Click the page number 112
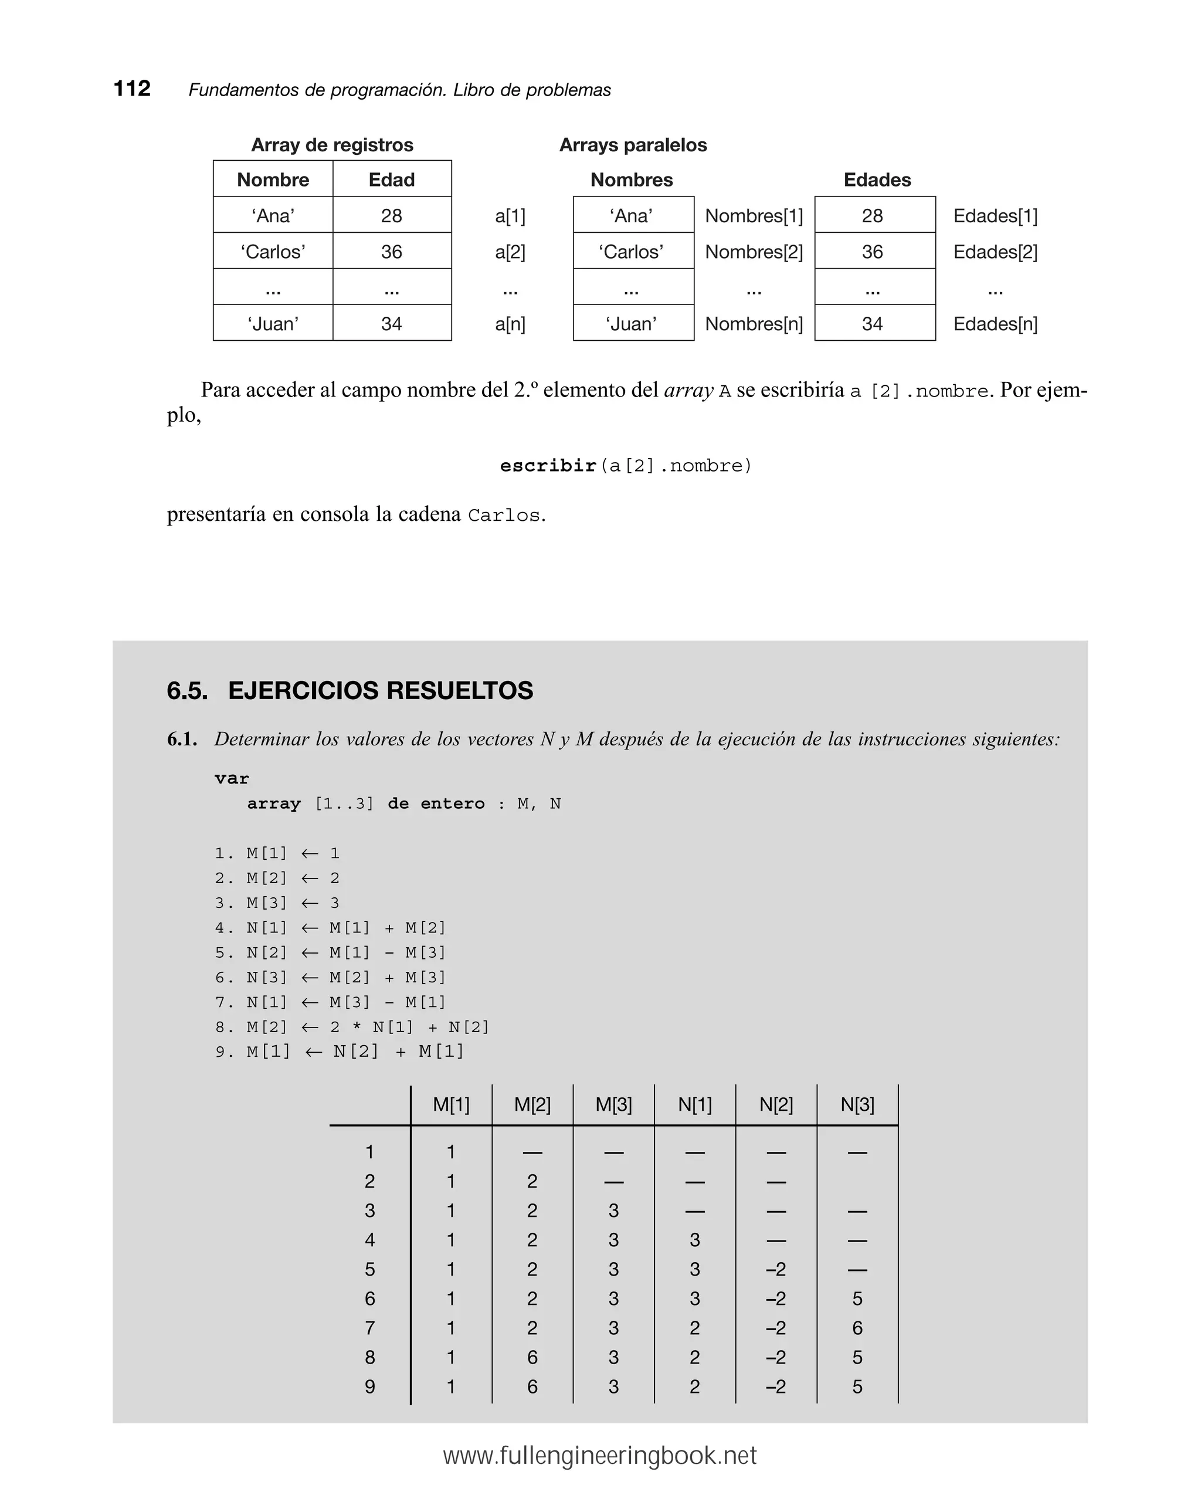tap(132, 89)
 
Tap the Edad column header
tap(392, 179)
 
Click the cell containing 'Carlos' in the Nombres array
tap(632, 252)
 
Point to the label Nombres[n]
tap(754, 324)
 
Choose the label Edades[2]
tap(995, 252)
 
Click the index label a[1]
tap(510, 216)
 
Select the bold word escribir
tap(548, 465)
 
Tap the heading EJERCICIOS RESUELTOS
tap(381, 690)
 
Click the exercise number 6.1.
tap(182, 739)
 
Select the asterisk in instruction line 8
tap(357, 1028)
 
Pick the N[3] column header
tap(857, 1105)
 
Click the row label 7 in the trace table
tap(370, 1328)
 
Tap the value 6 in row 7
tap(857, 1328)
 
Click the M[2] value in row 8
tap(532, 1357)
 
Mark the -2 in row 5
tap(775, 1269)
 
